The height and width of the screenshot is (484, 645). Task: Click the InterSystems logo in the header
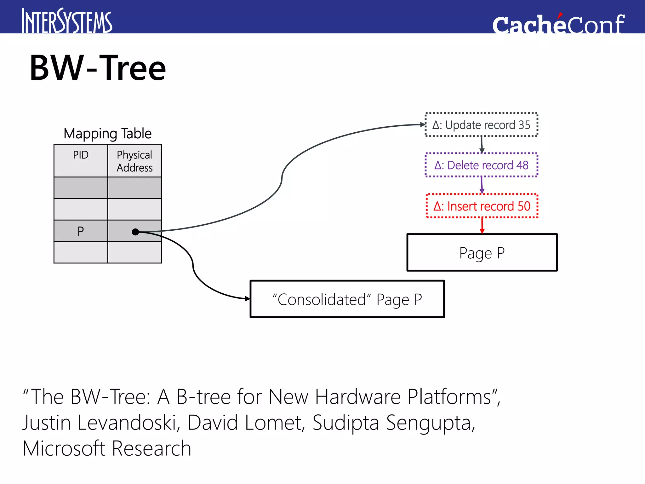(x=67, y=21)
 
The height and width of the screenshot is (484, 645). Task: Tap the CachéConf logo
(x=558, y=24)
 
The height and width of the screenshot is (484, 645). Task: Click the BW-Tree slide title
(x=98, y=68)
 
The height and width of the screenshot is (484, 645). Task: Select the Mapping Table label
(x=107, y=134)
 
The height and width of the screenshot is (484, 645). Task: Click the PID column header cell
(x=81, y=161)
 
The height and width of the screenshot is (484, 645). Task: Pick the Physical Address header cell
(x=134, y=161)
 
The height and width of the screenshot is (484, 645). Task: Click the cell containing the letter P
(x=81, y=231)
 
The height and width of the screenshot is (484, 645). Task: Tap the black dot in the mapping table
(x=135, y=232)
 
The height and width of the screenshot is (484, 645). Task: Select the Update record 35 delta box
(x=481, y=125)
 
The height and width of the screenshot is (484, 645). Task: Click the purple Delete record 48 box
(x=481, y=165)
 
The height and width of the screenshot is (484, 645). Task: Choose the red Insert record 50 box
(x=482, y=206)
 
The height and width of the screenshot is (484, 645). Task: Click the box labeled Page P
(x=482, y=253)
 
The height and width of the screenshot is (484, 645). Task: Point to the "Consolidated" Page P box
(x=347, y=299)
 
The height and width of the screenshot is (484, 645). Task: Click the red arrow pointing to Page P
(x=482, y=226)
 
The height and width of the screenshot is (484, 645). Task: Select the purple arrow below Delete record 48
(x=482, y=185)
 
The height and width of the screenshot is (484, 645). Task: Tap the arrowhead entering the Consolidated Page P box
(x=248, y=298)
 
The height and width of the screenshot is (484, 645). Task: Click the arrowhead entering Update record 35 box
(x=423, y=125)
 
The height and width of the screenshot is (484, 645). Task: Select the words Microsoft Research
(x=107, y=448)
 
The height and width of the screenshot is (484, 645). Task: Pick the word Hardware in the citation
(x=358, y=397)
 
